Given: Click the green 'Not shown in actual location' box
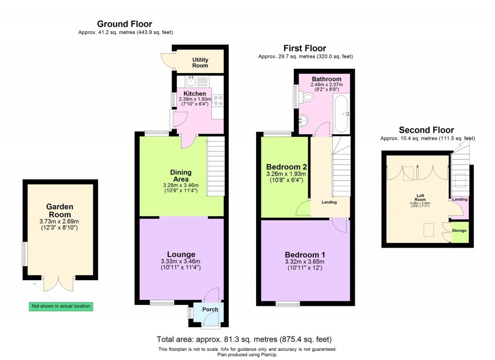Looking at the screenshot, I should (x=60, y=306).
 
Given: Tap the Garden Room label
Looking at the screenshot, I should (x=59, y=210).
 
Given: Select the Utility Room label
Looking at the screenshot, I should (x=200, y=62).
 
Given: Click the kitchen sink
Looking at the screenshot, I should (x=191, y=81).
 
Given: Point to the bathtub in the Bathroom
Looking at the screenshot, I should (x=341, y=114).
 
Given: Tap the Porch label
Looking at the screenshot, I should (x=210, y=309).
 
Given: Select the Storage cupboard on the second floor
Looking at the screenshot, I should (x=459, y=231).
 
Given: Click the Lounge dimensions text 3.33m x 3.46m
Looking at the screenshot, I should (x=181, y=261).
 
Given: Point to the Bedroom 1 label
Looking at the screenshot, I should (x=305, y=255).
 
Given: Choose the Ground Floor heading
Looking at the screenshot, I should (x=124, y=24).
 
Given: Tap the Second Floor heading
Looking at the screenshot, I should (x=426, y=130).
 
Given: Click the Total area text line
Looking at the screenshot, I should (x=244, y=339).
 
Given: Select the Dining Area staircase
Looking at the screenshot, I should (x=216, y=167).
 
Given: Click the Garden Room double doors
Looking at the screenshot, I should (x=58, y=284).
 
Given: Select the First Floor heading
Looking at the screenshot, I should (x=305, y=48).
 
